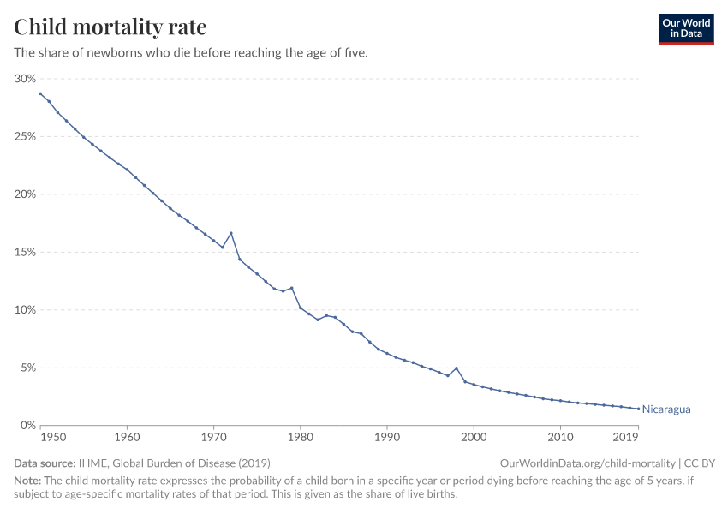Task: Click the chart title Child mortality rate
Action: [110, 27]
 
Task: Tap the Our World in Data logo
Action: [685, 28]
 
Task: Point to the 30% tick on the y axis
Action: [25, 79]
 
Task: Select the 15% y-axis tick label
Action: [25, 253]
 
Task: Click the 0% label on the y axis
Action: [27, 426]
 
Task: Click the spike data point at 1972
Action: [231, 233]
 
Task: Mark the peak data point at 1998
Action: [456, 368]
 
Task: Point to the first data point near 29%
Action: [40, 93]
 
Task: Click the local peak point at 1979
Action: [292, 288]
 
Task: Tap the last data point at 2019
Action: [638, 409]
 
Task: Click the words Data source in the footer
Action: [45, 463]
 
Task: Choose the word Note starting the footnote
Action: [27, 481]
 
